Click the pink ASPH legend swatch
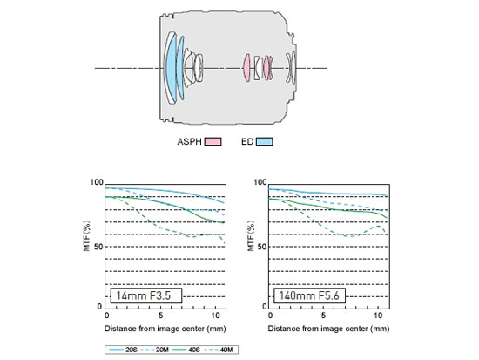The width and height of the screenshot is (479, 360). click(213, 141)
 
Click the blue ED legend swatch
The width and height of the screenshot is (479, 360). click(265, 141)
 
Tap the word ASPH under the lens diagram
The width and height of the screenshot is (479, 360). click(189, 142)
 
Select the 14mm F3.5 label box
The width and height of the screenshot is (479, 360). click(146, 295)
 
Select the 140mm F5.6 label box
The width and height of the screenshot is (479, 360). click(309, 295)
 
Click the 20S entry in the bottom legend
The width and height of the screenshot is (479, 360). click(123, 350)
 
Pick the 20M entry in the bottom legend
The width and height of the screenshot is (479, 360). click(155, 350)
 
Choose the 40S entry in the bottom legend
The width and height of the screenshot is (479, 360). click(186, 350)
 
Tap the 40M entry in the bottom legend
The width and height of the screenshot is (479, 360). click(219, 350)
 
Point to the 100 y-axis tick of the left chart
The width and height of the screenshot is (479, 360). click(97, 182)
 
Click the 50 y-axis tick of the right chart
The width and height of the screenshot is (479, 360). click(262, 247)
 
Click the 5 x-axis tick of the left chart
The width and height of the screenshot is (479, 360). click(161, 316)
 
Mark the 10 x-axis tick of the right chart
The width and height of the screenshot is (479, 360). click(378, 316)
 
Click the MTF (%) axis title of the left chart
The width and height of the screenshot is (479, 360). click(87, 235)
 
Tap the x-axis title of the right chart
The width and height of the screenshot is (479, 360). click(328, 329)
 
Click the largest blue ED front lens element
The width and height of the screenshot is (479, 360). click(171, 67)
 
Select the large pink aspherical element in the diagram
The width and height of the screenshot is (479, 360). click(246, 68)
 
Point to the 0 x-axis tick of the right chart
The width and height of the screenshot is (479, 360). click(270, 316)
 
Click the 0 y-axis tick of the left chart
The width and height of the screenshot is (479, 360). click(99, 307)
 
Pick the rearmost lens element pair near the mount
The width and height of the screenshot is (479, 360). click(291, 68)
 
